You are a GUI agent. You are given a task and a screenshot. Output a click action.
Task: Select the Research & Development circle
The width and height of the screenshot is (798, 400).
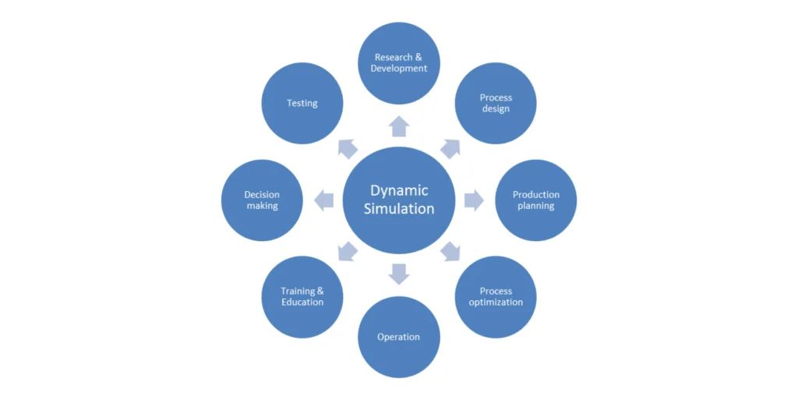(399, 63)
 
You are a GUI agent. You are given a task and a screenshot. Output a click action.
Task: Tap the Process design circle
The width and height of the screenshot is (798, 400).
(496, 103)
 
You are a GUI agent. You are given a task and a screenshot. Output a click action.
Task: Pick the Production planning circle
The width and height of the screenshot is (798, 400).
(536, 200)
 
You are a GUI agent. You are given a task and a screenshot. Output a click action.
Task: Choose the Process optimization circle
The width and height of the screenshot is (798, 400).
(496, 297)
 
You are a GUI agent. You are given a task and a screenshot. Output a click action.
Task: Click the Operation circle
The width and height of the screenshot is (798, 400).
(399, 337)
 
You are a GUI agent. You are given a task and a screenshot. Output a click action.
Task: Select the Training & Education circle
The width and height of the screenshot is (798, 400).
(302, 297)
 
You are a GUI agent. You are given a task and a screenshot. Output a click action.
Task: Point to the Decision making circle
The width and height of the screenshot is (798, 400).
(262, 200)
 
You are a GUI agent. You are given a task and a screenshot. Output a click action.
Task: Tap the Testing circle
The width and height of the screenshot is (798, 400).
(302, 103)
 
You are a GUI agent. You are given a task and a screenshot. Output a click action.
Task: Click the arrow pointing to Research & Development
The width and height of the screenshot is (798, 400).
(399, 126)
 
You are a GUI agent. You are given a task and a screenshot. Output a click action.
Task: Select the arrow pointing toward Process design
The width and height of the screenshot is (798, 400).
(450, 148)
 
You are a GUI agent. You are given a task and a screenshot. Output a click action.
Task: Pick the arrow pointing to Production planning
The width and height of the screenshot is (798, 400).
(473, 200)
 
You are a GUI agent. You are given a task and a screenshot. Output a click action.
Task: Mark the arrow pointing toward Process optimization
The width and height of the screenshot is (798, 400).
(450, 252)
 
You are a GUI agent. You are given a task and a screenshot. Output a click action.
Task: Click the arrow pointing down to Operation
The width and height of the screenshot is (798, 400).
(399, 274)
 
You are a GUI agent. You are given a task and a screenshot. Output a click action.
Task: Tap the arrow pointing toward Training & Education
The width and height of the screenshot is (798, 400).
(348, 252)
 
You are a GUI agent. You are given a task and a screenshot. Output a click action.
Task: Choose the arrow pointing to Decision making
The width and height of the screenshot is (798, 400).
(324, 200)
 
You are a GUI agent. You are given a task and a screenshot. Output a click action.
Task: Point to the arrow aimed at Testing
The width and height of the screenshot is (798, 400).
(348, 148)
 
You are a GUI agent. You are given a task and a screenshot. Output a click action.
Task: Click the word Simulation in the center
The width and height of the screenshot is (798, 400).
(399, 209)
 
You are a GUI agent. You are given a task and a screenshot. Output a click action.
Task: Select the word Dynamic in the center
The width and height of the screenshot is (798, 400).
(399, 190)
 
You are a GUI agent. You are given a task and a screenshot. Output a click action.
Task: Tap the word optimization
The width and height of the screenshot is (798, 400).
(496, 303)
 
